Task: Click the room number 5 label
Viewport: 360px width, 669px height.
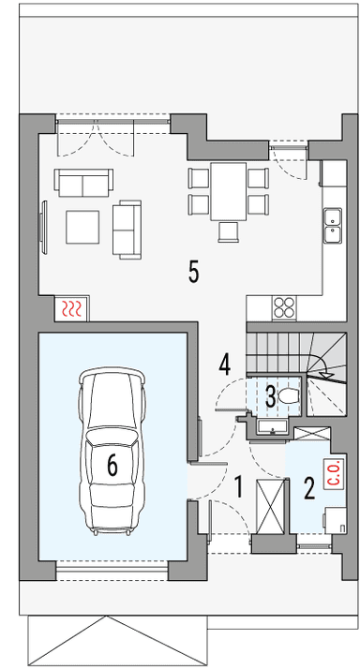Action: tap(193, 272)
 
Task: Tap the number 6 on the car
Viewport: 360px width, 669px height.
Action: tap(112, 465)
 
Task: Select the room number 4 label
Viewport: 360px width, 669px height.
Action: tap(225, 363)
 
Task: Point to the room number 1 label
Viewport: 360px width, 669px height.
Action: tap(239, 486)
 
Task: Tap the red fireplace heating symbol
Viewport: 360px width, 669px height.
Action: tap(72, 308)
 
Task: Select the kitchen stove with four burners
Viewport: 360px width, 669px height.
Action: tap(284, 306)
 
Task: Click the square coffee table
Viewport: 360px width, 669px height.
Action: tap(82, 226)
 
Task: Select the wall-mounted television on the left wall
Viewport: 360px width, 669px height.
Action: tap(43, 225)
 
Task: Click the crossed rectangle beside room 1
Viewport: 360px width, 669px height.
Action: tap(272, 506)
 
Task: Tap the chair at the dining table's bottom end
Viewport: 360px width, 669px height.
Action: tap(229, 230)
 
